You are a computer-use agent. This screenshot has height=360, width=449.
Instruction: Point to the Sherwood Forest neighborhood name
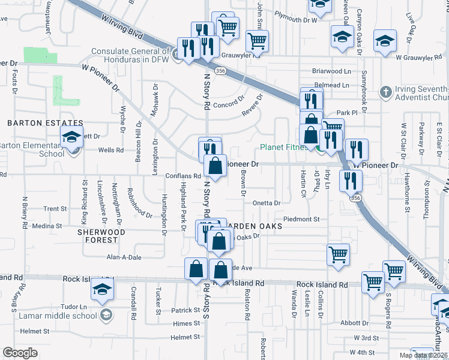pos(101,235)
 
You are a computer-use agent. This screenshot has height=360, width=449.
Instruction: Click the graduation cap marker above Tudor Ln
pos(103,290)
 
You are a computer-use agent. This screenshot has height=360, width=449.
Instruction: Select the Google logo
pos(20,352)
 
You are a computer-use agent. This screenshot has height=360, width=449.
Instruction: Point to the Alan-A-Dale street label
pos(123,257)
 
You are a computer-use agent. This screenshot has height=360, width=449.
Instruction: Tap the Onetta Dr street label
pos(266,203)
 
